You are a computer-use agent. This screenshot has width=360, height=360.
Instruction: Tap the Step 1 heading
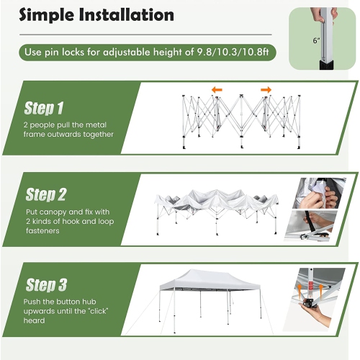[45, 108]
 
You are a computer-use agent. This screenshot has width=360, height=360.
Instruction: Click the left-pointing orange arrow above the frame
[216, 90]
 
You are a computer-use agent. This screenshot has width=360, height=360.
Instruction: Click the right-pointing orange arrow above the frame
[266, 90]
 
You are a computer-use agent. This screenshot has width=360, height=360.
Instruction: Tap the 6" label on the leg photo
[317, 41]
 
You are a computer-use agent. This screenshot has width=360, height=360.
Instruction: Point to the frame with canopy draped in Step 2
[216, 209]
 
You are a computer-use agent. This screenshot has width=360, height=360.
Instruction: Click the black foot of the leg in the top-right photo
[322, 66]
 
